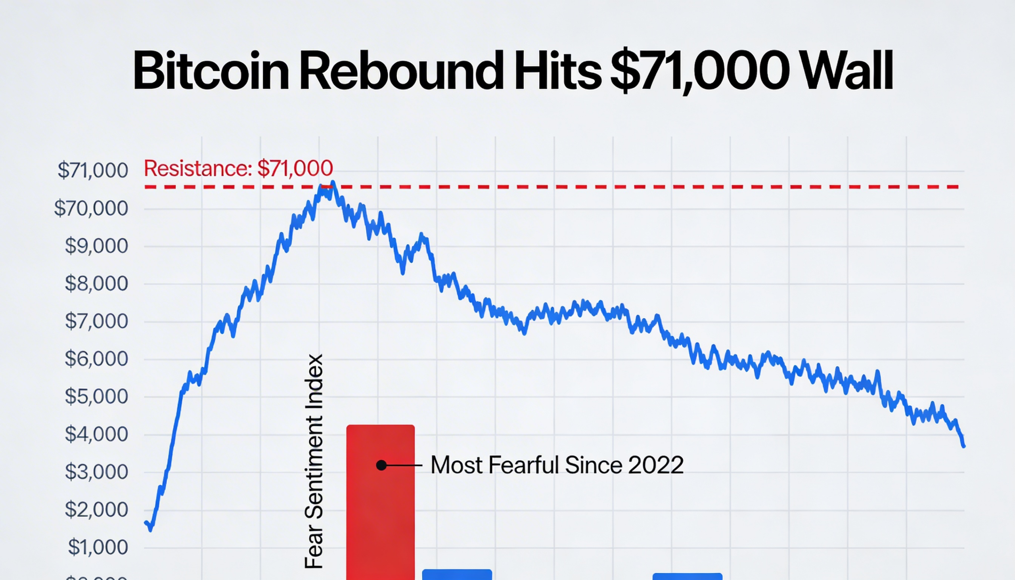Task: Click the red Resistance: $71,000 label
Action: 238,168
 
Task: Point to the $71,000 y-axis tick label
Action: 93,170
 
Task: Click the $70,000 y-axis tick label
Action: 91,209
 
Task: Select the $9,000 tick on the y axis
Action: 96,246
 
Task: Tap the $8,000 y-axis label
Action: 96,283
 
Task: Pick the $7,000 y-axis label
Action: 96,321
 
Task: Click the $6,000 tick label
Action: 96,359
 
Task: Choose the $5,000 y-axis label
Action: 96,396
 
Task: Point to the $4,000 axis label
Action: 96,434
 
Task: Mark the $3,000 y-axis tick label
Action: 96,472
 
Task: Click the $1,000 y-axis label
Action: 98,547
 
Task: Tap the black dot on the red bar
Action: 381,465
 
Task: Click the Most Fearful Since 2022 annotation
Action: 557,465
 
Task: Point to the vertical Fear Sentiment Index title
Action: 314,461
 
